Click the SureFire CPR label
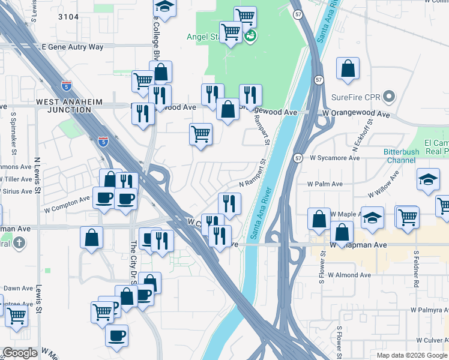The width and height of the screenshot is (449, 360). (357, 97)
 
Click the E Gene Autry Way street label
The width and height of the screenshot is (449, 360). (73, 47)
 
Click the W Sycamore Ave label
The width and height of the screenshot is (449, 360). (335, 158)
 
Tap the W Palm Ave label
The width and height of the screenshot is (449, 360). (325, 184)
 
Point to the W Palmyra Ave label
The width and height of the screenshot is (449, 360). (429, 310)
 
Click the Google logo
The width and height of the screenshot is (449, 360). (20, 353)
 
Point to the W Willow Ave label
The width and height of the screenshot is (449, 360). (387, 185)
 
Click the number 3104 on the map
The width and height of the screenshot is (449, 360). (68, 17)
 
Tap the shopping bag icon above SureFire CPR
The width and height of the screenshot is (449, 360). (348, 69)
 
